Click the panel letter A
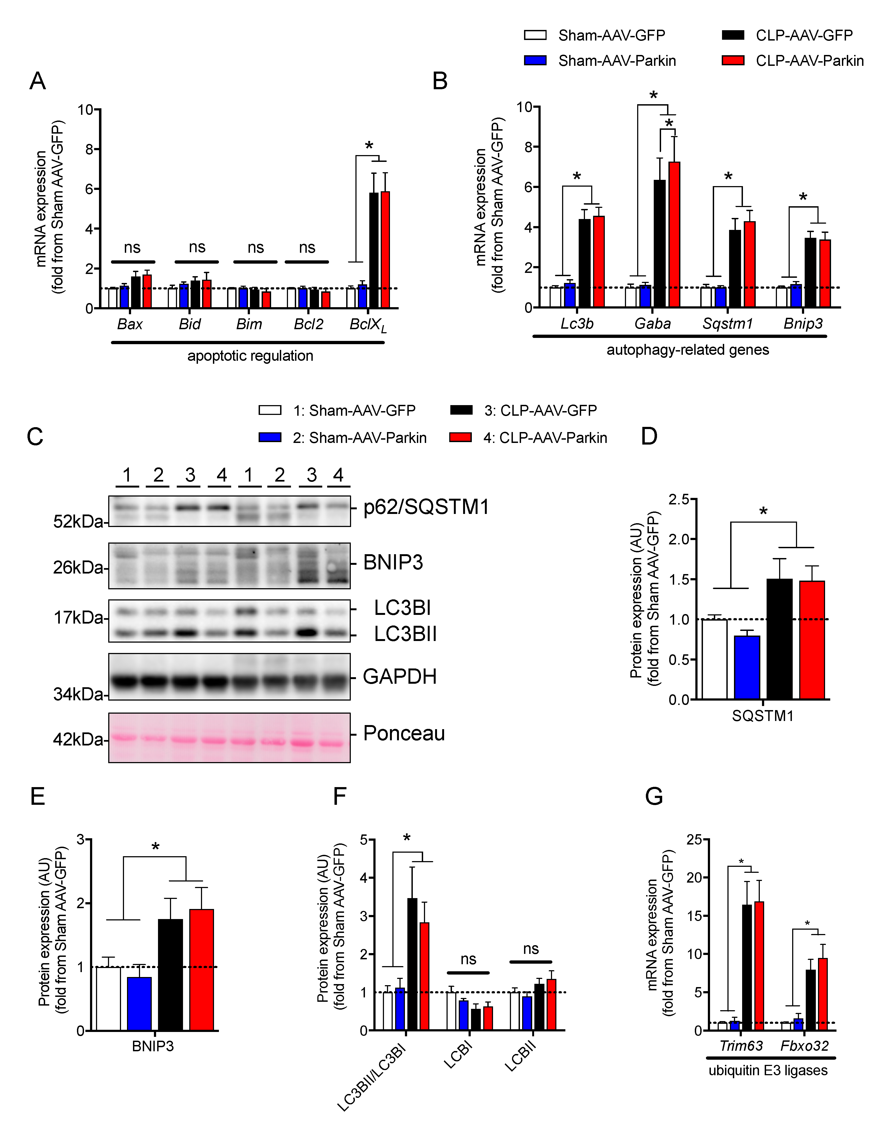tap(38, 81)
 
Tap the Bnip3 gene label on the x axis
tap(803, 324)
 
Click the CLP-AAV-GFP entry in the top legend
tap(804, 35)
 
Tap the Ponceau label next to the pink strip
tap(404, 733)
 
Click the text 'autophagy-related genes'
tap(687, 350)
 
